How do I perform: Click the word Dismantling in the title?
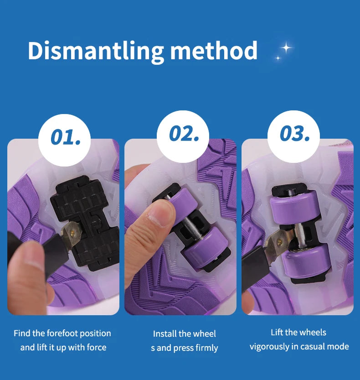(96, 52)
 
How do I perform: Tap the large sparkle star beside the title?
(287, 47)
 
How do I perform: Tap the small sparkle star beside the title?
(278, 58)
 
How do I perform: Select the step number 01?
(66, 137)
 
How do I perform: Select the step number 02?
(184, 134)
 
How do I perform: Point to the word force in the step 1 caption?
(97, 348)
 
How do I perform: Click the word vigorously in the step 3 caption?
(269, 347)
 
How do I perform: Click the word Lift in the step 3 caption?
(277, 332)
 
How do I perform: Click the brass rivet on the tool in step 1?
(72, 233)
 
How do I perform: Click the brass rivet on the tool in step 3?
(279, 242)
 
